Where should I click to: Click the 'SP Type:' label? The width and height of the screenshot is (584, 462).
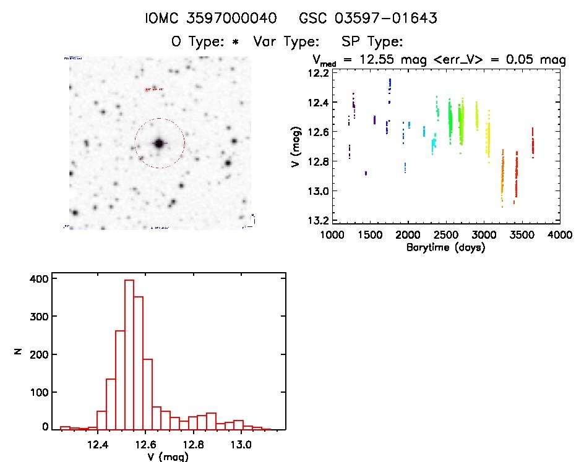point(372,42)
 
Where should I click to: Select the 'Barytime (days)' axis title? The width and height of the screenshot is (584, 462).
point(445,247)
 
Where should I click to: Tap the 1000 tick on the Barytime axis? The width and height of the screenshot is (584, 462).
point(332,235)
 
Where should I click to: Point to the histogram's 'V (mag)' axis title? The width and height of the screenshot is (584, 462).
point(168,456)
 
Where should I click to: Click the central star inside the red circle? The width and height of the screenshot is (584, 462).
point(159,143)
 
